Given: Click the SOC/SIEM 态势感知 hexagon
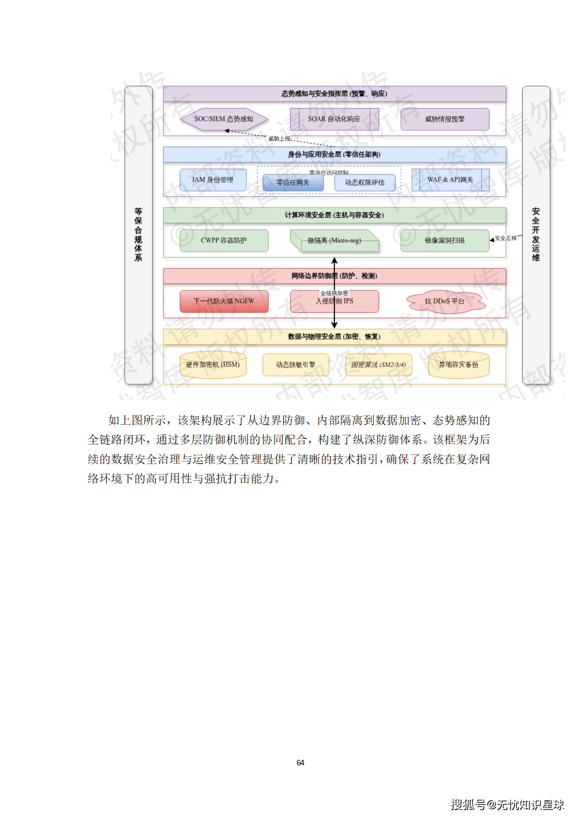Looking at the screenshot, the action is [x=224, y=119].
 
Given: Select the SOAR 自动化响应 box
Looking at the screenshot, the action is [x=334, y=119].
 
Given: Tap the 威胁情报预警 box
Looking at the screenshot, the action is [x=445, y=119].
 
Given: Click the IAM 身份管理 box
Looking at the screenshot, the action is [x=213, y=180].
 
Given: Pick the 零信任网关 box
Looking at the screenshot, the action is [x=293, y=183].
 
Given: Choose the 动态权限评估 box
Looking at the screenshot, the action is [x=365, y=183].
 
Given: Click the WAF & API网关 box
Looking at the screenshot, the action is [x=450, y=180].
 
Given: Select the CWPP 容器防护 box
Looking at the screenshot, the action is [x=224, y=241].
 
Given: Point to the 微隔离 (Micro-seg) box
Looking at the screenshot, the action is [x=334, y=241].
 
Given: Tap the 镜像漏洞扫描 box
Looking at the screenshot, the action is [x=445, y=241].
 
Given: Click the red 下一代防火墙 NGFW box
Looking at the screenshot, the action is [x=224, y=301].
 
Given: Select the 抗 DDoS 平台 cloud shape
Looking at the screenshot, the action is [x=445, y=301].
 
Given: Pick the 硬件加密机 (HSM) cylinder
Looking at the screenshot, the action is [x=213, y=365].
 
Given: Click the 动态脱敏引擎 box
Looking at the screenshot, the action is [x=295, y=365].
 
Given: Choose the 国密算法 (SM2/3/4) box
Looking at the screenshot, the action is [x=378, y=365].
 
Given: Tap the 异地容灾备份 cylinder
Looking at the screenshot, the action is [x=459, y=365].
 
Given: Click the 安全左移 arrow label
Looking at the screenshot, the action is [x=506, y=238].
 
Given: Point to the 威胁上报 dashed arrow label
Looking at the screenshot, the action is [x=279, y=139].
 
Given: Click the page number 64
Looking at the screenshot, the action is [x=300, y=762].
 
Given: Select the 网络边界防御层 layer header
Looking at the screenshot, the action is [x=334, y=276].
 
